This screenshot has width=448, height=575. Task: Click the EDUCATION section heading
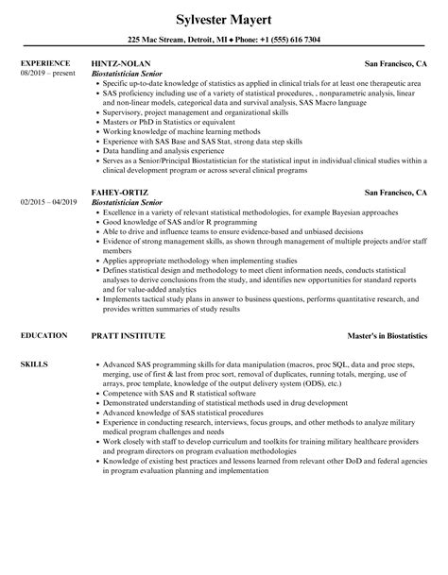pyautogui.click(x=43, y=335)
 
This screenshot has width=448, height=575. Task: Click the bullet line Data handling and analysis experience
pyautogui.click(x=164, y=151)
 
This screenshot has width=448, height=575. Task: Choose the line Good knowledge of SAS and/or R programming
pyautogui.click(x=179, y=248)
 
